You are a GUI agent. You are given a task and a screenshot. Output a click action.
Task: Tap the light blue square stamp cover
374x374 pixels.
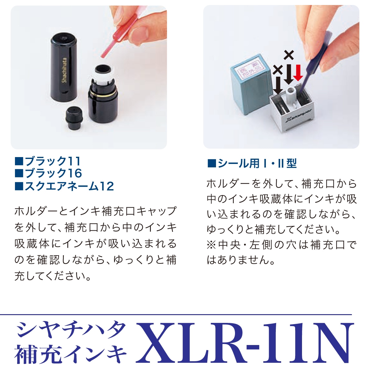[248, 87]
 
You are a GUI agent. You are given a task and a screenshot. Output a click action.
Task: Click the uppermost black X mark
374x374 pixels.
[289, 55]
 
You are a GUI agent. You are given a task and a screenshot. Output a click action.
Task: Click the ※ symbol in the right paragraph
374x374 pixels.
[212, 245]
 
